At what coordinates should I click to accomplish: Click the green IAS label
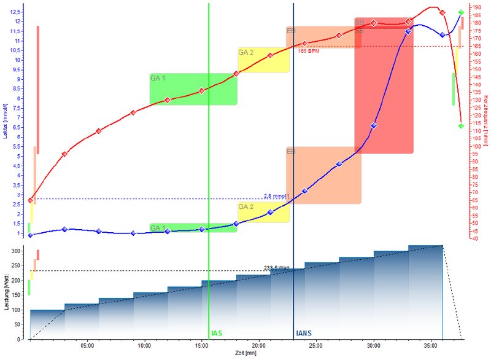217,333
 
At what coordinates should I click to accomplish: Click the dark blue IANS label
304,333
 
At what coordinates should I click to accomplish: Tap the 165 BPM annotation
309,51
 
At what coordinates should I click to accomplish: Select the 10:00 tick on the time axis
144,345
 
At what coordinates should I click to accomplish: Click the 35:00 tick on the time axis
430,345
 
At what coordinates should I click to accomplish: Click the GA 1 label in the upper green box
158,78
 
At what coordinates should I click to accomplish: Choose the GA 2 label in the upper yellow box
246,52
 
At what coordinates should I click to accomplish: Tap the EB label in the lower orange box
292,151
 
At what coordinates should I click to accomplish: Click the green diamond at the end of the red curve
461,126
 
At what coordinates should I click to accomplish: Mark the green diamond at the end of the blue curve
461,12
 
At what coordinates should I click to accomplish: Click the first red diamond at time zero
30,200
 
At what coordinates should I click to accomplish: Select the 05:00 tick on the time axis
87,345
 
